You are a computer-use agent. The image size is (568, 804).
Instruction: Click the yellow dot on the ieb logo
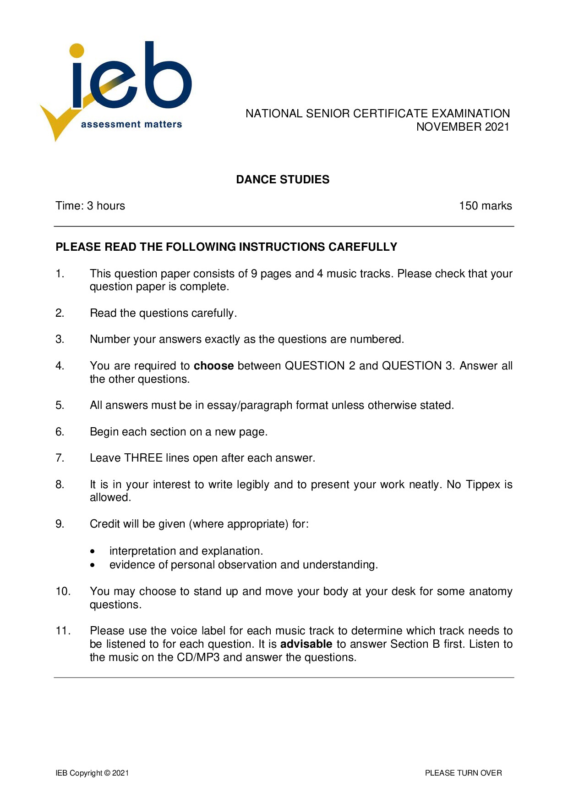tap(76, 50)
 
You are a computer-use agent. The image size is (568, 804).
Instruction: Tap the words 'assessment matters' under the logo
tap(131, 124)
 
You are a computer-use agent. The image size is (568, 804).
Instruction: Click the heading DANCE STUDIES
tap(283, 180)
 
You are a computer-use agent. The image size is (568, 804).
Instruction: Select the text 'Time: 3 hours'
tap(90, 206)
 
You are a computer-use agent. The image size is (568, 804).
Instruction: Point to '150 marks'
tap(485, 206)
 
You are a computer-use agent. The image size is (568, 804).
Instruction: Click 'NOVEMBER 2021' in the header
tap(463, 127)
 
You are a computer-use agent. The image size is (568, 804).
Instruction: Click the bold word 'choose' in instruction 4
tap(213, 366)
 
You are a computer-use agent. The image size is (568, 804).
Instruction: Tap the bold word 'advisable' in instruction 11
tap(306, 644)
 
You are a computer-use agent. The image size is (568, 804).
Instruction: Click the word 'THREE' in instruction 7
tap(143, 458)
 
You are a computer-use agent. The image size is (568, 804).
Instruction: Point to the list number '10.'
tap(63, 591)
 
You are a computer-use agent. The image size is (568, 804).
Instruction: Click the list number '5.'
tap(60, 405)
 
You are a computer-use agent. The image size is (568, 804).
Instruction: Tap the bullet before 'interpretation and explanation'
tap(93, 551)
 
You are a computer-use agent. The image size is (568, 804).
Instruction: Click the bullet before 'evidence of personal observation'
tap(93, 565)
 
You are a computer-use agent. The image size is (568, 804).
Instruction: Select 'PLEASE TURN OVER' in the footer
tap(463, 773)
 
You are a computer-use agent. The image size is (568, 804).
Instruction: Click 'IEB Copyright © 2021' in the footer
tap(92, 773)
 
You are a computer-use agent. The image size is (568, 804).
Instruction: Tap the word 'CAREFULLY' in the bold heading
tap(363, 247)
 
